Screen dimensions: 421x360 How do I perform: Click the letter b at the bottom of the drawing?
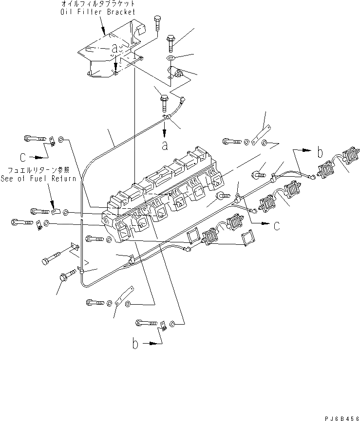click(135, 344)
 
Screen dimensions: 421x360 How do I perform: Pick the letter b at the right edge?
click(320, 152)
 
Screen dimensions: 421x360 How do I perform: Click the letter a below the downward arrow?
click(166, 145)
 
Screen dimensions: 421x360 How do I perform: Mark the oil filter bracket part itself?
click(110, 54)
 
